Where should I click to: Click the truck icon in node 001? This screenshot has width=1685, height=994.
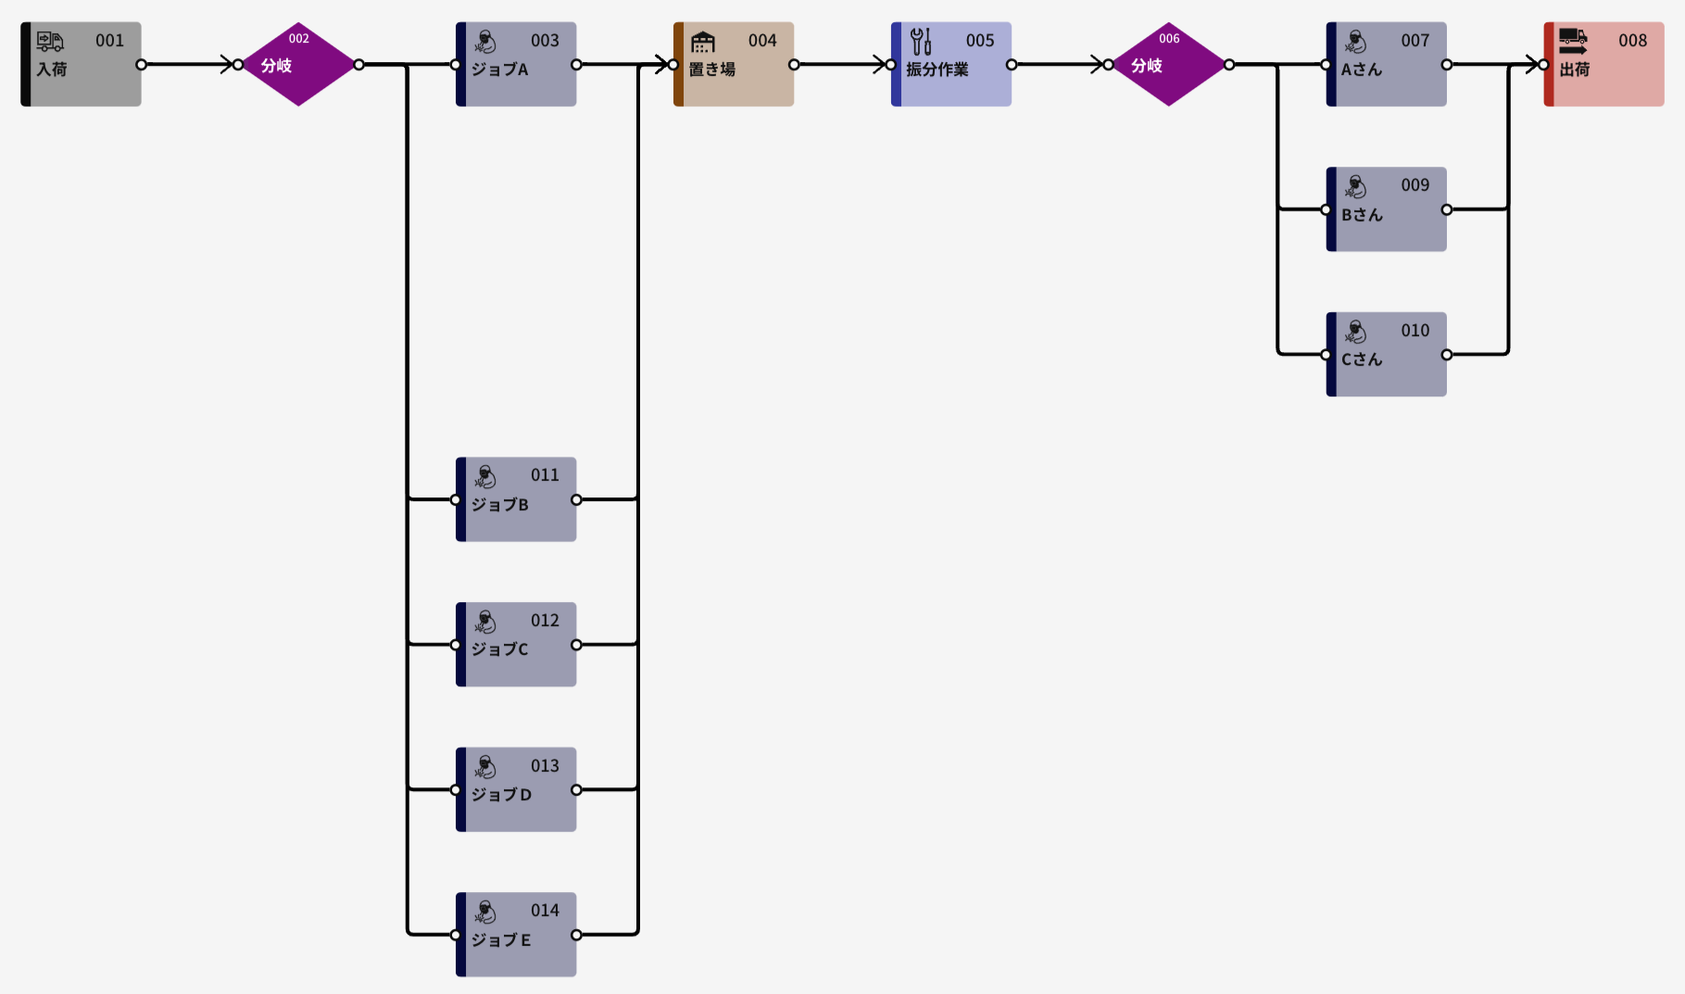click(x=50, y=41)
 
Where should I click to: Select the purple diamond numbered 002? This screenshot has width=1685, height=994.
click(x=298, y=64)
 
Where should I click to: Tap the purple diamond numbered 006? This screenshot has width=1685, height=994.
click(x=1169, y=64)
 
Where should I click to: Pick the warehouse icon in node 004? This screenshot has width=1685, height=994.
click(x=703, y=42)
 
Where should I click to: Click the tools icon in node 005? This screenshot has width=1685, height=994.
click(x=921, y=42)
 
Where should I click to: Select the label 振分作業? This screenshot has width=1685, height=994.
click(x=937, y=69)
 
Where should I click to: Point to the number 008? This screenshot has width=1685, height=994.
click(x=1632, y=41)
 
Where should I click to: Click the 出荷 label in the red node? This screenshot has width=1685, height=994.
click(x=1575, y=69)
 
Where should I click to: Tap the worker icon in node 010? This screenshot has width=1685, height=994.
click(x=1356, y=332)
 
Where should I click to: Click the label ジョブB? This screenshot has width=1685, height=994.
click(x=500, y=505)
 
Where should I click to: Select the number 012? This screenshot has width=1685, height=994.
click(x=545, y=621)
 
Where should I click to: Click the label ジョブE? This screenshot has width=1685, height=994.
click(x=501, y=940)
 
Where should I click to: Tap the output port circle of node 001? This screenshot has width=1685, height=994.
click(x=141, y=65)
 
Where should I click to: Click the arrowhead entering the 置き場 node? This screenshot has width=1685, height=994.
click(x=661, y=65)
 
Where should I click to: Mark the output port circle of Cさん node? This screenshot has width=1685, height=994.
click(x=1447, y=355)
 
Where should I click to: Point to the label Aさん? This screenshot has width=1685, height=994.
click(x=1362, y=69)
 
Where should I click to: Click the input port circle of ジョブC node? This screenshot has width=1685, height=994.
click(x=456, y=645)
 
